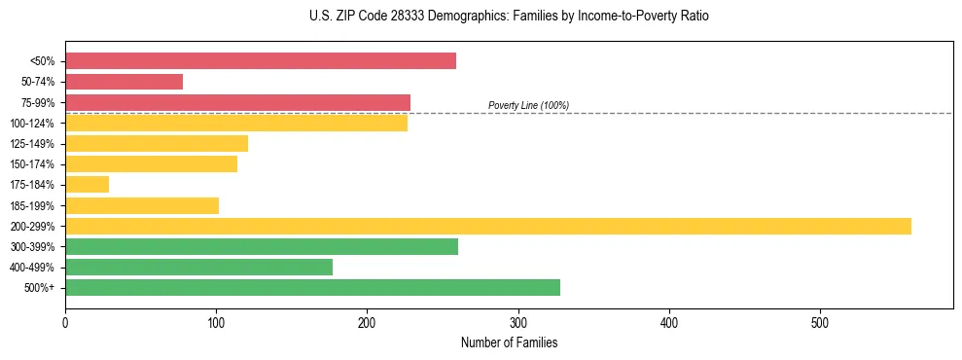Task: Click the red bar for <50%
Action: [260, 61]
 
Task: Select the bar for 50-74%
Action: [124, 82]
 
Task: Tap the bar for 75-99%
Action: [237, 102]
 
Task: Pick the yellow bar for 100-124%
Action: [236, 123]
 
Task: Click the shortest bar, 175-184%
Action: [87, 185]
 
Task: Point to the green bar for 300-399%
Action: [261, 246]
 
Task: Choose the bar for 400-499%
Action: [198, 267]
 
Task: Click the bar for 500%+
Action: [312, 288]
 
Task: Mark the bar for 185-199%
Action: [142, 205]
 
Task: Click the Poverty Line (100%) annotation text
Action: [528, 105]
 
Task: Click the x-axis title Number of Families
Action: [509, 342]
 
